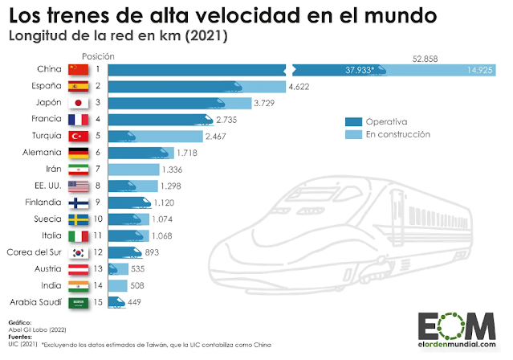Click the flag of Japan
pyautogui.click(x=79, y=103)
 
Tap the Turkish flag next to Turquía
pyautogui.click(x=79, y=137)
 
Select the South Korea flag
pyautogui.click(x=79, y=252)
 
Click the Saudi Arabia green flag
pyautogui.click(x=79, y=301)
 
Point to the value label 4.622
pyautogui.click(x=302, y=86)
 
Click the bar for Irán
pyautogui.click(x=132, y=170)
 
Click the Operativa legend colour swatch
pyautogui.click(x=350, y=121)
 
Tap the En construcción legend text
pyautogui.click(x=398, y=134)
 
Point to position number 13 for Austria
pyautogui.click(x=97, y=268)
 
